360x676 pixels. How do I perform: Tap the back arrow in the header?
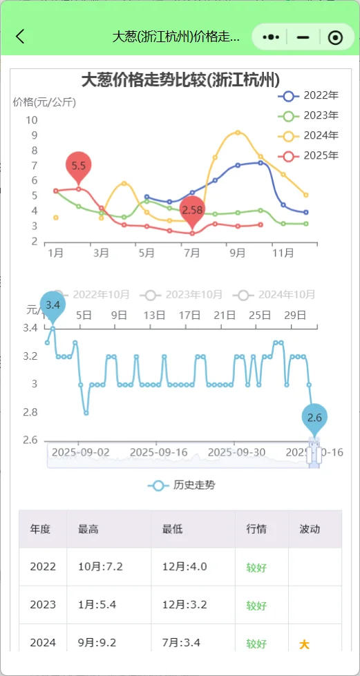(x=20, y=37)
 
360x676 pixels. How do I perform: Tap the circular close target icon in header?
(x=335, y=37)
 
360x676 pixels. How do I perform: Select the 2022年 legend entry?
(x=308, y=96)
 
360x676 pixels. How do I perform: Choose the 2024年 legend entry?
(x=308, y=135)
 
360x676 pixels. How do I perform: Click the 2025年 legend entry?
(x=308, y=155)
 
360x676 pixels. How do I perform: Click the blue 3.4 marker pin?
(x=53, y=305)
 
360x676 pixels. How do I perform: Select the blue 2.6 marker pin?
(x=314, y=418)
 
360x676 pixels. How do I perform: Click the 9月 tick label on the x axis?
(x=237, y=253)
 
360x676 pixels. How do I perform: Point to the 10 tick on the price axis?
(x=32, y=120)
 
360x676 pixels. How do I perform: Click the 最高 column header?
(x=88, y=529)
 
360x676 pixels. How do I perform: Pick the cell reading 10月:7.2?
(x=100, y=567)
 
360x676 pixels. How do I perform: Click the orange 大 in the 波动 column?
(x=303, y=644)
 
